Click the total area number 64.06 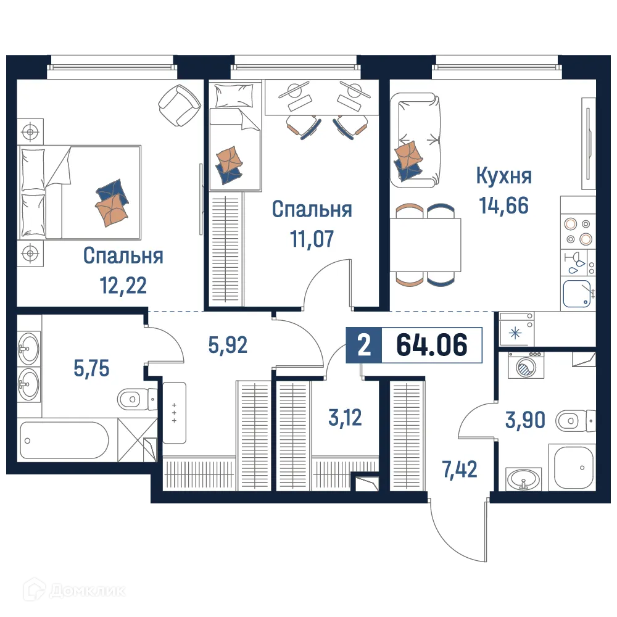tap(431, 345)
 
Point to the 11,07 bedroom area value tap(312, 238)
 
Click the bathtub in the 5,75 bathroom tap(64, 440)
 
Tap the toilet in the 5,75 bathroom tap(135, 400)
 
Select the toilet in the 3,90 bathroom tap(575, 422)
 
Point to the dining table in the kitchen tap(426, 245)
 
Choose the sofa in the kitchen tap(417, 139)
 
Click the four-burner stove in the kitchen tap(578, 231)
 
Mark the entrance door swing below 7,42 tap(457, 531)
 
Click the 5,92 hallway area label tap(228, 345)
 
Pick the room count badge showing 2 tap(364, 345)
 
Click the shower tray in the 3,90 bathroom tap(573, 469)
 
